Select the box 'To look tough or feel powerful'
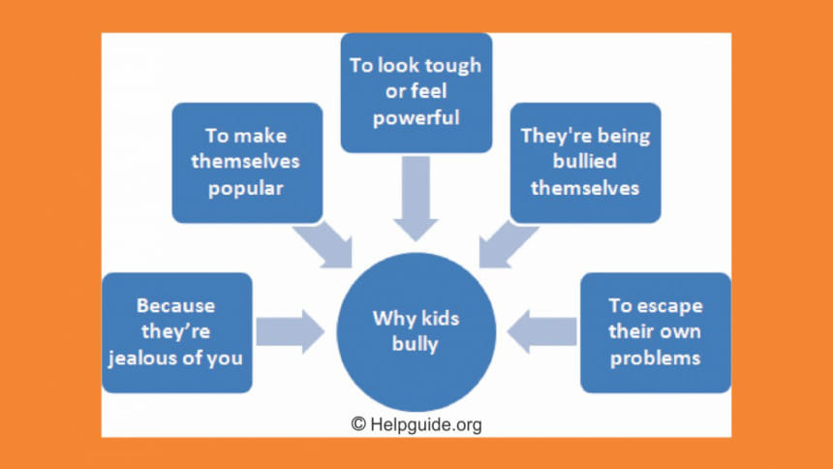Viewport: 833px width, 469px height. (x=417, y=93)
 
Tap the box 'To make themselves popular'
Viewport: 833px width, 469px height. (x=246, y=162)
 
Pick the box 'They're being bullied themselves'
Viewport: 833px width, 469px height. (x=586, y=162)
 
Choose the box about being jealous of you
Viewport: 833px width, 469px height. (x=177, y=331)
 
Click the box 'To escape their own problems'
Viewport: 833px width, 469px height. (x=655, y=331)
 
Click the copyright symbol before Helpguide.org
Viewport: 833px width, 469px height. (x=358, y=424)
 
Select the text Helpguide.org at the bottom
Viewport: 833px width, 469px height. (x=426, y=424)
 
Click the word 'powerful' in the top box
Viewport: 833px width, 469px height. (x=417, y=119)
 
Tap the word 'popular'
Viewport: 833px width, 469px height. (x=246, y=188)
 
